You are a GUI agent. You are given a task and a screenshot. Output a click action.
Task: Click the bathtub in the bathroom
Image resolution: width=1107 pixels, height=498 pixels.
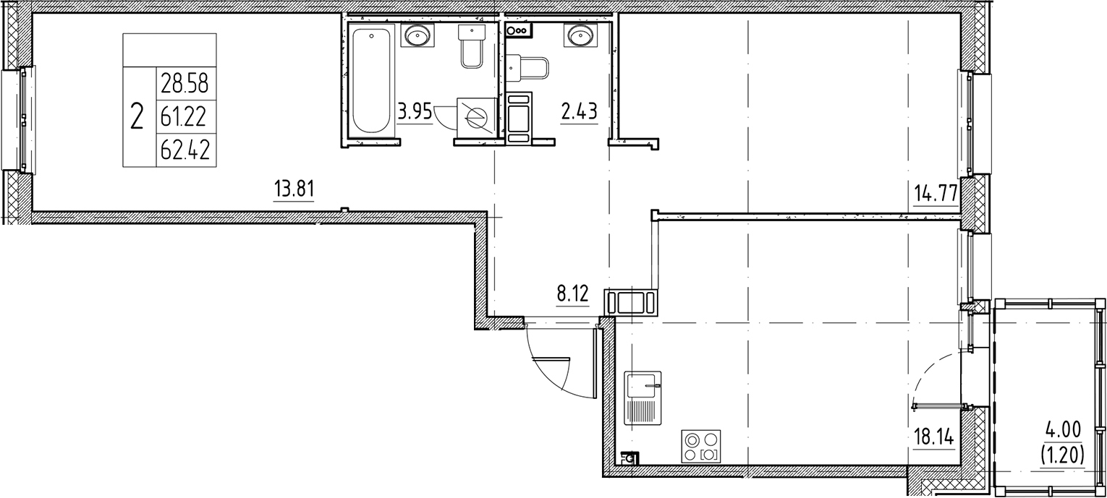pyautogui.click(x=371, y=80)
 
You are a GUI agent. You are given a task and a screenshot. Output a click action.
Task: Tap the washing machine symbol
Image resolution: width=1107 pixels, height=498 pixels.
pyautogui.click(x=475, y=116)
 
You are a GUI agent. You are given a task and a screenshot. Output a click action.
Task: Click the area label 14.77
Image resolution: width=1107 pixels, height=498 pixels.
pyautogui.click(x=936, y=194)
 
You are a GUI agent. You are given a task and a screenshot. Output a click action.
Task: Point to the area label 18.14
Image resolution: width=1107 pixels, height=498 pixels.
pyautogui.click(x=933, y=439)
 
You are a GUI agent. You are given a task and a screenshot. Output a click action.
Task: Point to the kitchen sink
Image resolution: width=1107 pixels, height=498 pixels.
pyautogui.click(x=643, y=399)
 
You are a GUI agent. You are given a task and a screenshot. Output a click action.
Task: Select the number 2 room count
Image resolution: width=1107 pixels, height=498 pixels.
pyautogui.click(x=136, y=116)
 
